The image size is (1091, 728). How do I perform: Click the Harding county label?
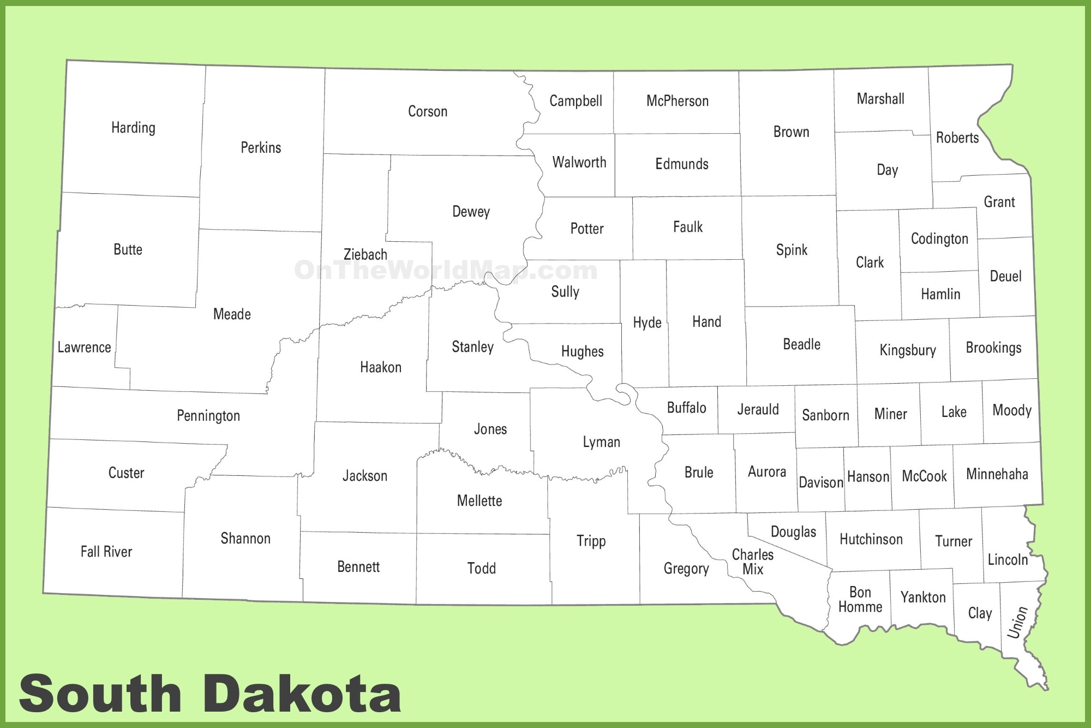coord(133,128)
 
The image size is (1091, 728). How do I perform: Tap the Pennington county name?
coord(208,416)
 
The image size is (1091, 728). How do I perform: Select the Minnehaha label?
coord(997,474)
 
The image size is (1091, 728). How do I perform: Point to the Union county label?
coord(1017,622)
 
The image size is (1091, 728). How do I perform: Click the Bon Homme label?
coord(860,600)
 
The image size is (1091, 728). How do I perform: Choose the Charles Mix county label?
coord(752,562)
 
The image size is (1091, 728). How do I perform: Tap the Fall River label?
coord(106,552)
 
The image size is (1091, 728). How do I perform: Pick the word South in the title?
coord(100,694)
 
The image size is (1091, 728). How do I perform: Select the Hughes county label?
coord(582,351)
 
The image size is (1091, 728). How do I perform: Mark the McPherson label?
coord(677,101)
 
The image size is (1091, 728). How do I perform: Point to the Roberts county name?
coord(957,138)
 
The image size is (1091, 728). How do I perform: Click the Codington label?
coord(939,238)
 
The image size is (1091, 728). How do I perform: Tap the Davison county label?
coord(820,482)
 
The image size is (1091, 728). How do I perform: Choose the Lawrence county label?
coord(84,347)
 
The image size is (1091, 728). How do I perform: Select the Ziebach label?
coord(365,254)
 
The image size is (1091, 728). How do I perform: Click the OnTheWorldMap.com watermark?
coord(446,270)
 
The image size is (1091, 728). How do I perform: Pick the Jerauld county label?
coord(758,409)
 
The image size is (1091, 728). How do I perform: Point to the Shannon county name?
coord(245,539)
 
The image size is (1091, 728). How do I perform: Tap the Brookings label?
coord(993,348)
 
